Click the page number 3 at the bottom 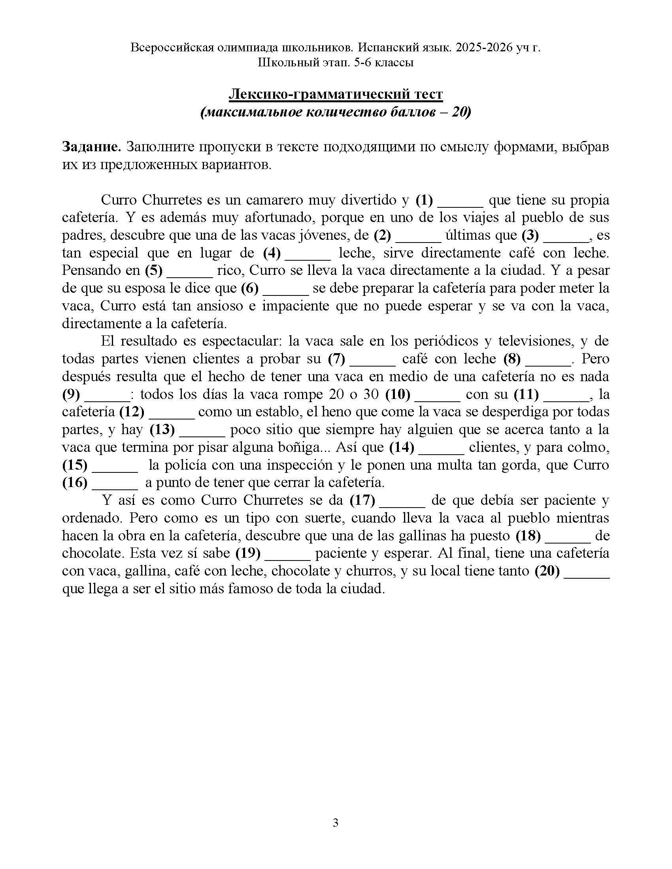(x=335, y=822)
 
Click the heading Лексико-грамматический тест (x=336, y=94)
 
